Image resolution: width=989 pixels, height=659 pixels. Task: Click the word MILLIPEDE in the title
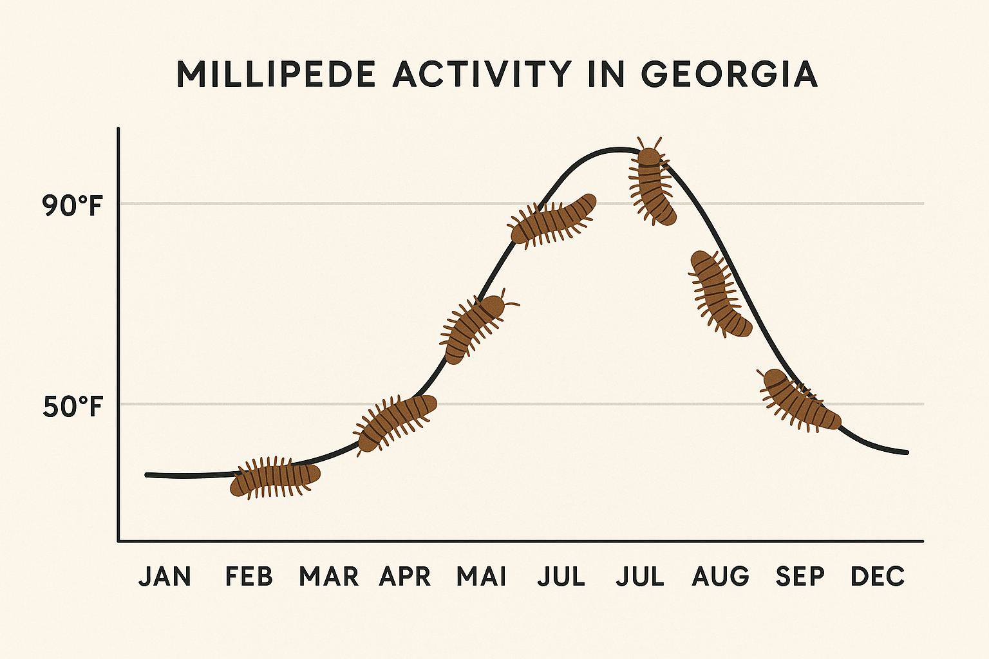pyautogui.click(x=276, y=75)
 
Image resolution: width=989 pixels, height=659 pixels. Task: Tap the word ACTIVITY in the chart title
pyautogui.click(x=481, y=75)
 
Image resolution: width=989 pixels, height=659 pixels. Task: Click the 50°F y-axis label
pyautogui.click(x=73, y=407)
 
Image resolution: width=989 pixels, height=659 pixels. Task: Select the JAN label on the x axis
pyautogui.click(x=165, y=577)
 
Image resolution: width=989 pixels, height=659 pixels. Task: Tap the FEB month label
pyautogui.click(x=249, y=577)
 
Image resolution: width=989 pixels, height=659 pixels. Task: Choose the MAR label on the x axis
pyautogui.click(x=328, y=577)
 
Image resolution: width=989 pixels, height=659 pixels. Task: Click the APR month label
pyautogui.click(x=405, y=577)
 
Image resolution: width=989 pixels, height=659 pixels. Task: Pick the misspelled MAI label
pyautogui.click(x=481, y=577)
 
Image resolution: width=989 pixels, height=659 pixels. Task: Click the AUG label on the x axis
pyautogui.click(x=721, y=577)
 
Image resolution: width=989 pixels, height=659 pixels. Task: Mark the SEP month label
pyautogui.click(x=800, y=577)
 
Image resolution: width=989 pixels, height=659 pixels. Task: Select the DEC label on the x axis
pyautogui.click(x=878, y=577)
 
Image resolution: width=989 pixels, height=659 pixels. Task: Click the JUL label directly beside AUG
pyautogui.click(x=640, y=577)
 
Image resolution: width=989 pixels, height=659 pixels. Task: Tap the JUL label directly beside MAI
pyautogui.click(x=561, y=577)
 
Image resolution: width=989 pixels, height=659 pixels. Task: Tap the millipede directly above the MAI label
pyautogui.click(x=475, y=329)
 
